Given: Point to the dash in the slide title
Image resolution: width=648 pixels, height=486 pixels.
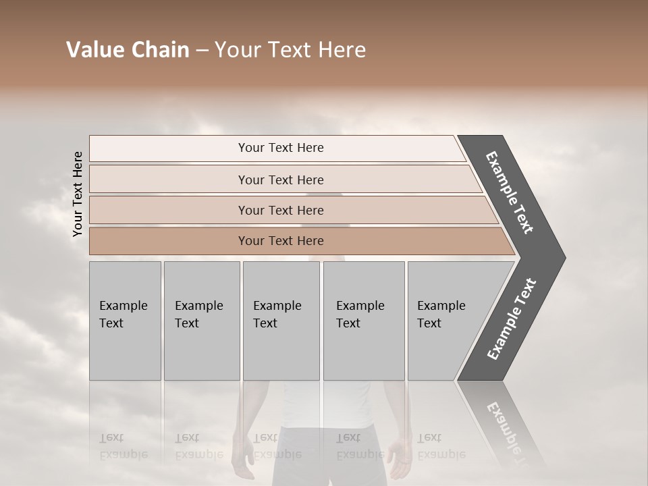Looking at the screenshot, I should (x=202, y=51).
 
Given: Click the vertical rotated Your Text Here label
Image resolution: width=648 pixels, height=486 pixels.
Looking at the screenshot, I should (x=78, y=194).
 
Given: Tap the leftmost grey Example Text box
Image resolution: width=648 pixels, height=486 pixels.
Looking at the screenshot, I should (x=125, y=321).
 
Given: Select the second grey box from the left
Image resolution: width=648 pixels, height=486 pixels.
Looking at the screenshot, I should (x=202, y=321).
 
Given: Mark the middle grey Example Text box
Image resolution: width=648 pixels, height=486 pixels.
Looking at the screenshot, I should (x=281, y=321).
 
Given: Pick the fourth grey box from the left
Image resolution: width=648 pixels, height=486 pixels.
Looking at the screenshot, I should (x=364, y=321).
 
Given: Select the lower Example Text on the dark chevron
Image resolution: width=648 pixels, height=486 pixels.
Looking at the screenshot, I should (x=512, y=319).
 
